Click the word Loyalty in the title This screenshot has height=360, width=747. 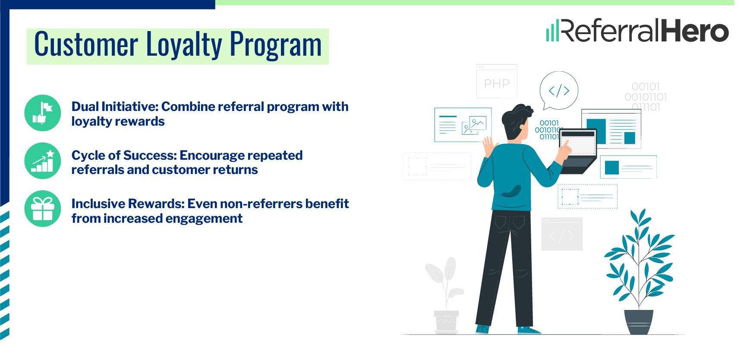click(184, 45)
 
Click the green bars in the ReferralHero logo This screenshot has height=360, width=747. click(552, 32)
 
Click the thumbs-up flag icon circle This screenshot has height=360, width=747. click(43, 113)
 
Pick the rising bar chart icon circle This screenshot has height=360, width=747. click(43, 161)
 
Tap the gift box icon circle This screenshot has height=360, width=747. click(43, 209)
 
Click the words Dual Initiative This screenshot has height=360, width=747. click(114, 107)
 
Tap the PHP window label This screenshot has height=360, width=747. click(497, 83)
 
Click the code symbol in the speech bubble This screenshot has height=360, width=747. click(559, 91)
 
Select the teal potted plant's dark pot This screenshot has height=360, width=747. click(639, 322)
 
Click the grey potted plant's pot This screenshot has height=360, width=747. click(446, 321)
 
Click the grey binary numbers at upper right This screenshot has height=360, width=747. click(646, 97)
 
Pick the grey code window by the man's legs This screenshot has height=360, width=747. click(561, 234)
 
